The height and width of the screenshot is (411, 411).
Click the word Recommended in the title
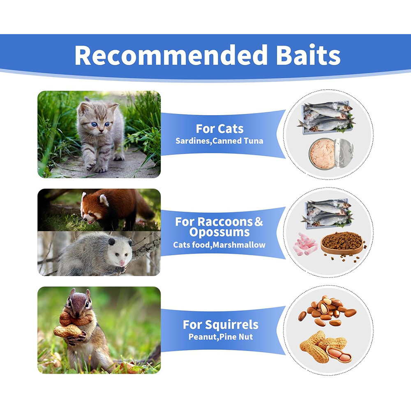pos(171,55)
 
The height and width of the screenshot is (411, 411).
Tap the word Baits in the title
pos(308,55)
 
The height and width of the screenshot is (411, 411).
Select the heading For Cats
pos(219,129)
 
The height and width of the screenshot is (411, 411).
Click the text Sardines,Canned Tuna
pos(219,141)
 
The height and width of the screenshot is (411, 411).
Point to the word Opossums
pos(219,232)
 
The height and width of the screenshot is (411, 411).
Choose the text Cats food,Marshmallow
pos(219,245)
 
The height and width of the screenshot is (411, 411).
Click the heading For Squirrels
pos(220,325)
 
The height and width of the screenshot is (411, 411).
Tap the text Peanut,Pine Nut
pos(221,337)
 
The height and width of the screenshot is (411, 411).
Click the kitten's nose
pos(100,130)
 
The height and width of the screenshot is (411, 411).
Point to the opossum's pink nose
pos(122,263)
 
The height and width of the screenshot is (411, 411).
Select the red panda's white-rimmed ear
pos(104,200)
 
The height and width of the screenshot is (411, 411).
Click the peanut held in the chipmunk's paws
pos(69,331)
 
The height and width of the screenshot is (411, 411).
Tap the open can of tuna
pos(331,154)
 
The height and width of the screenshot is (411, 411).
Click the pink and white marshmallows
pos(305,244)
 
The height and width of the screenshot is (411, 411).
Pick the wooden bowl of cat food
pos(342,244)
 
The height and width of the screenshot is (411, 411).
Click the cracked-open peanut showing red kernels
pos(339,354)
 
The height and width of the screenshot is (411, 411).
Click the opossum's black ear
pos(112,241)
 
